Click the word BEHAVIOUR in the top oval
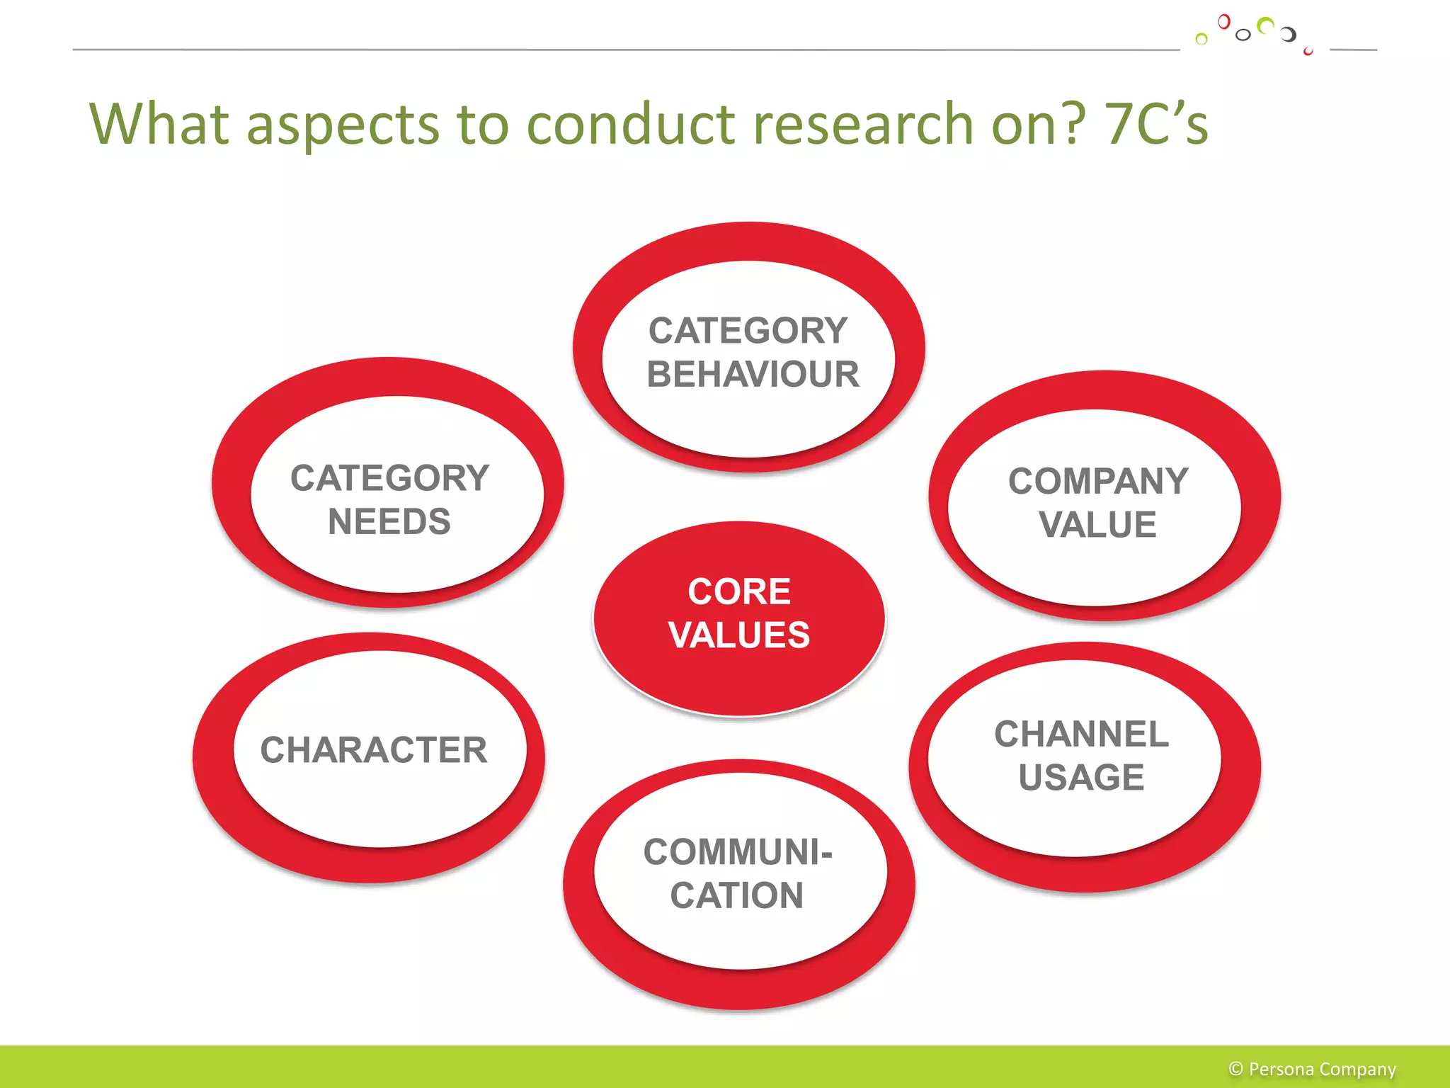[x=753, y=374]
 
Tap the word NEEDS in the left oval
[x=389, y=522]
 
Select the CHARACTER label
[x=374, y=749]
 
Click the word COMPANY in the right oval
[x=1098, y=482]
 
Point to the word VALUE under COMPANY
[x=1097, y=525]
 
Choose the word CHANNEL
[x=1081, y=734]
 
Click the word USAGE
[x=1081, y=777]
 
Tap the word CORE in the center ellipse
[x=739, y=591]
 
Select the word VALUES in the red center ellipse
[x=739, y=635]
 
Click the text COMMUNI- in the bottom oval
[x=738, y=851]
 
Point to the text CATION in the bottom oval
[x=737, y=895]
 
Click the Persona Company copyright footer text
[x=1321, y=1069]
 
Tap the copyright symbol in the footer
[x=1236, y=1069]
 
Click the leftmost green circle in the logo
[x=1201, y=39]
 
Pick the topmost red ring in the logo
[x=1223, y=22]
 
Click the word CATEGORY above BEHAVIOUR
[x=748, y=331]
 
